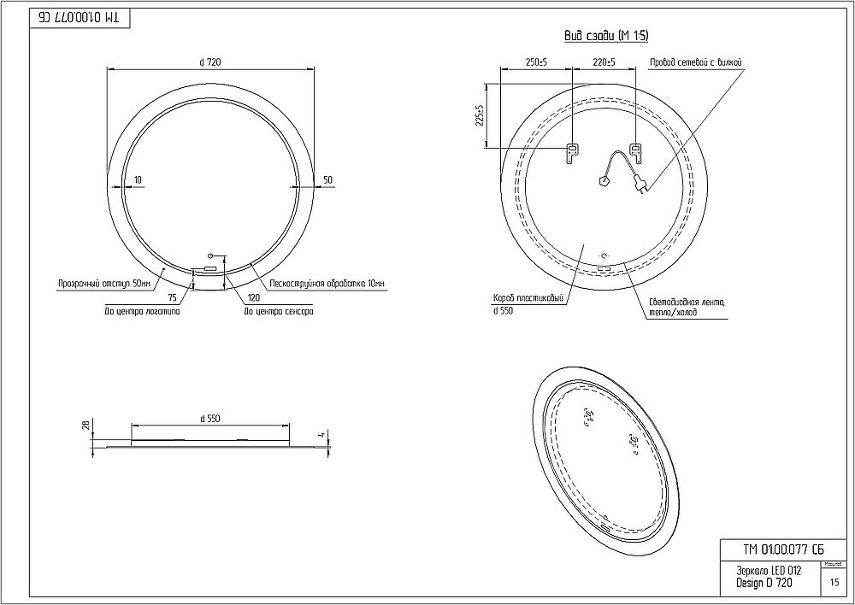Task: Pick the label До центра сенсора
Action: tap(278, 312)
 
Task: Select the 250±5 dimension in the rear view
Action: tap(537, 62)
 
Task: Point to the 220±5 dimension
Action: tap(604, 62)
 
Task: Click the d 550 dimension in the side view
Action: tap(209, 418)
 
